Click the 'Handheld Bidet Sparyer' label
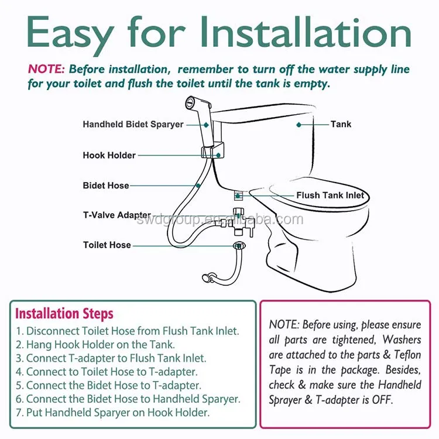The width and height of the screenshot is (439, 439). point(133,124)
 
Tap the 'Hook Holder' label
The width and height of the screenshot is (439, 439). point(109,155)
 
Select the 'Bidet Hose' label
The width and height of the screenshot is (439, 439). point(105,186)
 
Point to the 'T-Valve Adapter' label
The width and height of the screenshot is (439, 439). point(116,215)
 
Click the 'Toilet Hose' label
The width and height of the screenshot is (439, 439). point(107,245)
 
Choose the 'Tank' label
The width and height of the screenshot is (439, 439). point(341,124)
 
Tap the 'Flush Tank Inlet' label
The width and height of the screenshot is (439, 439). point(330,195)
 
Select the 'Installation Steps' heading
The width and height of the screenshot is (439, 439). point(64,314)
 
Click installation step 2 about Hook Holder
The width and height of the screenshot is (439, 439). point(95,344)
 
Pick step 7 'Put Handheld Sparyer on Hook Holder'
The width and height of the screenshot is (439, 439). point(112,412)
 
